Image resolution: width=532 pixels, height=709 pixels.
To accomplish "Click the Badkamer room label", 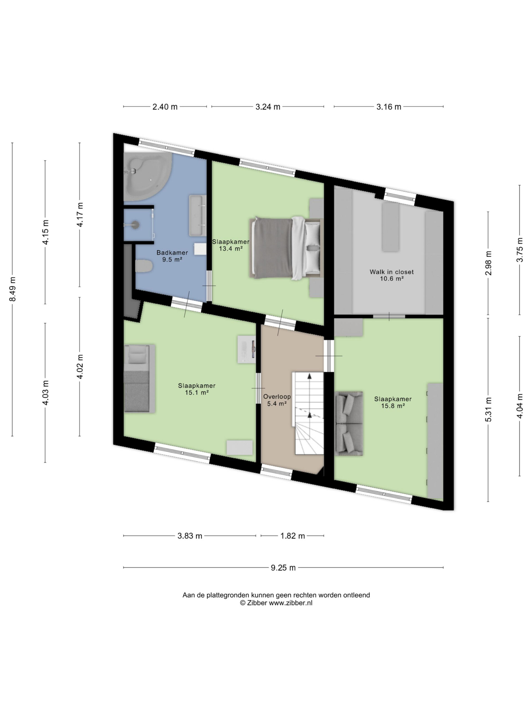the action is tap(172, 253).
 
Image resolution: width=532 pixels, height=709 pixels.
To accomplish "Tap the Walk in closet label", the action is tap(392, 272).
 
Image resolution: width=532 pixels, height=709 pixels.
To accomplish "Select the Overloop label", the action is tap(277, 397).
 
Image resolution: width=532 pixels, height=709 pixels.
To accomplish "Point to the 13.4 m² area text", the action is tap(230, 248).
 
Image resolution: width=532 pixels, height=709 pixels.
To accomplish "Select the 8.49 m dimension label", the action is tap(12, 289).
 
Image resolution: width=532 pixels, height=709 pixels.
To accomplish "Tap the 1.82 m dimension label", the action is tap(292, 536).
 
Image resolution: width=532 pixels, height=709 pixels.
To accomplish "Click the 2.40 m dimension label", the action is tap(165, 107).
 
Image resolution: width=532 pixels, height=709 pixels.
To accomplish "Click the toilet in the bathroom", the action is tap(144, 266).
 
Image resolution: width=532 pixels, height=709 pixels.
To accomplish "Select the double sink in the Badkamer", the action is tap(198, 216).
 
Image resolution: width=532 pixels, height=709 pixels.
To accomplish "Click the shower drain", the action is tap(136, 224).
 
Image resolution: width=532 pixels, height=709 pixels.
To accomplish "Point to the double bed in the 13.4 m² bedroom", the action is tap(286, 248).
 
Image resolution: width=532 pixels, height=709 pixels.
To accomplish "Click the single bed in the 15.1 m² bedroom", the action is tap(139, 379).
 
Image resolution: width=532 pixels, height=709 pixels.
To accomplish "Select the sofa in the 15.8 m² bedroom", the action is tap(349, 423).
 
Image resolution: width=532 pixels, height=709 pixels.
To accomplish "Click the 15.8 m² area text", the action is tap(393, 406).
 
